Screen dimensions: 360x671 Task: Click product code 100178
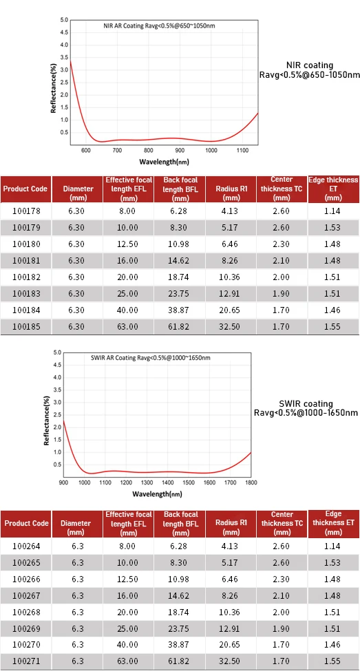point(26,211)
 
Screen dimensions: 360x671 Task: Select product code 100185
point(26,327)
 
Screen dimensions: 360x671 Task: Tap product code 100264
point(26,546)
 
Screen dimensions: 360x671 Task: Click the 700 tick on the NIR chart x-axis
point(117,150)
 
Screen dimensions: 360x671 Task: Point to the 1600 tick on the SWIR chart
point(209,482)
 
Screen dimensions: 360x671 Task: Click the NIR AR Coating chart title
point(159,25)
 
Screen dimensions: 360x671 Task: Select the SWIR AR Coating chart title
point(151,358)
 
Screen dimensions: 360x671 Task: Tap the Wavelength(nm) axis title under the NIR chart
point(164,162)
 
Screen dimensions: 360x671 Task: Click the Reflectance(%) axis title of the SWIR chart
point(47,421)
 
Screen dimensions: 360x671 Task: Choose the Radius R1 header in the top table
point(231,189)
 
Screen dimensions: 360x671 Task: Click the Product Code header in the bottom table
point(26,523)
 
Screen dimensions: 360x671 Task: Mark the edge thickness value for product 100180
point(332,244)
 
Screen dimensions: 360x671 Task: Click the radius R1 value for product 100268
point(231,613)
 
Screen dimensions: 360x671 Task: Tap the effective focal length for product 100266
point(129,579)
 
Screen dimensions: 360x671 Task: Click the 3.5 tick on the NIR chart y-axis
point(64,57)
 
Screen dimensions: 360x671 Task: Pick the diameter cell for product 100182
point(78,277)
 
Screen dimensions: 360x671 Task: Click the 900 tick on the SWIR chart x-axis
point(63,482)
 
